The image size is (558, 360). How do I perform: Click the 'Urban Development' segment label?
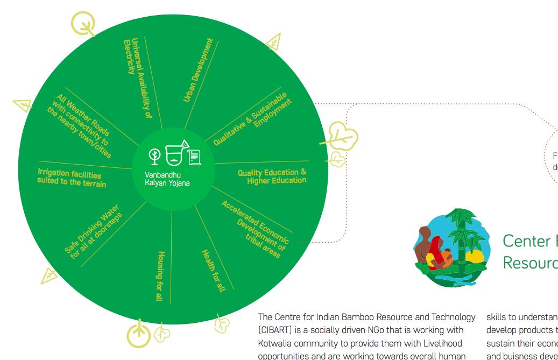point(198,69)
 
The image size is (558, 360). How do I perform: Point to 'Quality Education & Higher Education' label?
point(272,176)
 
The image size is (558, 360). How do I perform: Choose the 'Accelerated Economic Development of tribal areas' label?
point(253,229)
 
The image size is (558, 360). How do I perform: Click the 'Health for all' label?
point(213,270)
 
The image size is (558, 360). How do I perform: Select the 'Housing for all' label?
point(160,276)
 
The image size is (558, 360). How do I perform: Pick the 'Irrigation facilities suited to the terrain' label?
point(71,178)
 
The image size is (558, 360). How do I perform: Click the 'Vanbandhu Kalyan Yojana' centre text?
point(167,179)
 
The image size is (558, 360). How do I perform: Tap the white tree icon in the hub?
point(154,156)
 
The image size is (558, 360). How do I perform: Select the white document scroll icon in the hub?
point(194,157)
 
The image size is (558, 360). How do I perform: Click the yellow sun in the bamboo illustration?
point(475,257)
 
